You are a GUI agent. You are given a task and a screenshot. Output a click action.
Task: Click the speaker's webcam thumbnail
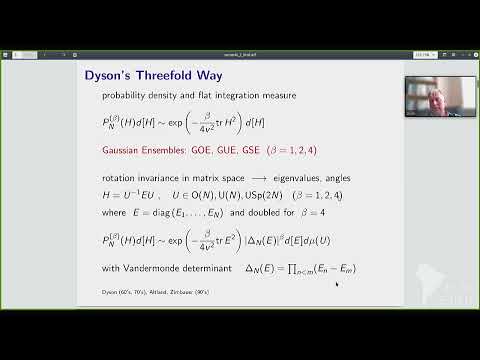(426, 96)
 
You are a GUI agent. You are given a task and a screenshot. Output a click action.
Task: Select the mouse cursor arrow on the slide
(336, 284)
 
